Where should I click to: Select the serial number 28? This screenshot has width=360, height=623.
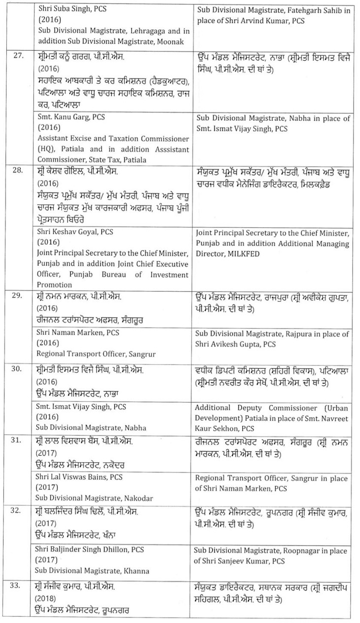[x=18, y=171]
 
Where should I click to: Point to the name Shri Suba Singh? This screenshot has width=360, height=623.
[x=60, y=9]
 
